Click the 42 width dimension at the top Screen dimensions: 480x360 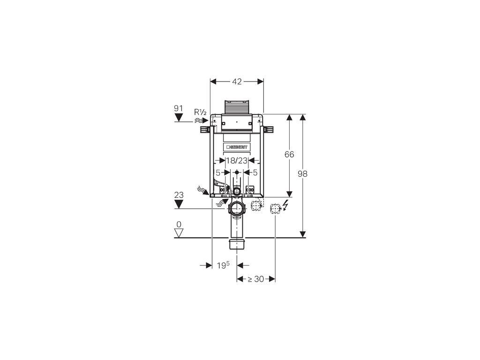[x=237, y=82]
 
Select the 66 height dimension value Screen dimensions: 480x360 [x=289, y=154]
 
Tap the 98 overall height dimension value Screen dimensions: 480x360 [x=302, y=174]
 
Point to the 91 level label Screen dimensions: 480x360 [x=179, y=108]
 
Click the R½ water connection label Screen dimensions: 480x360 [x=200, y=112]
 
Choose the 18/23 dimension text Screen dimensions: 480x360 [x=237, y=160]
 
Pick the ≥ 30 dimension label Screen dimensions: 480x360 [x=255, y=279]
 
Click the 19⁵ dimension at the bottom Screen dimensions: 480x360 [x=223, y=265]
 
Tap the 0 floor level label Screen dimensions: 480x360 [x=179, y=225]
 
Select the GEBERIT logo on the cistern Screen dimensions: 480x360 [x=237, y=147]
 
